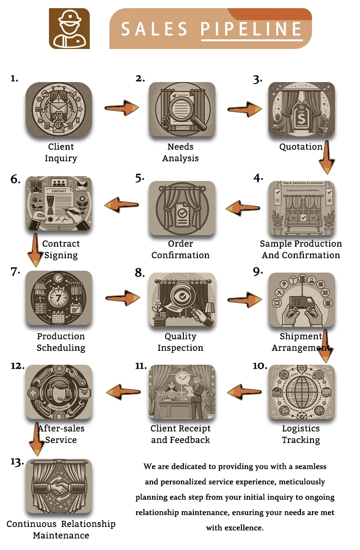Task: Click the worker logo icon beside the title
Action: (x=69, y=29)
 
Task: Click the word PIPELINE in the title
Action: (x=251, y=30)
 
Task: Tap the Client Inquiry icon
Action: (x=59, y=109)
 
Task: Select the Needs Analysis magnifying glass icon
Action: (x=182, y=109)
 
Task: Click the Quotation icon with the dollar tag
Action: (x=301, y=109)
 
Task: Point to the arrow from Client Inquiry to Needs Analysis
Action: (x=122, y=107)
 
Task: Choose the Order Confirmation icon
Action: (x=182, y=208)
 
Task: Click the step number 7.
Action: (x=15, y=272)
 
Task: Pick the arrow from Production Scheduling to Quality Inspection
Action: (x=122, y=298)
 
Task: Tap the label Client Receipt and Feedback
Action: (x=180, y=434)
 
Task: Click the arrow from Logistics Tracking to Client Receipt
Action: (x=244, y=391)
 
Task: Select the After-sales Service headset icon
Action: (x=59, y=391)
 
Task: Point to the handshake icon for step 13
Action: (x=59, y=486)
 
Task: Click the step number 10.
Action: (x=260, y=366)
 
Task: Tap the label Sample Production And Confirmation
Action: (x=301, y=250)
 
